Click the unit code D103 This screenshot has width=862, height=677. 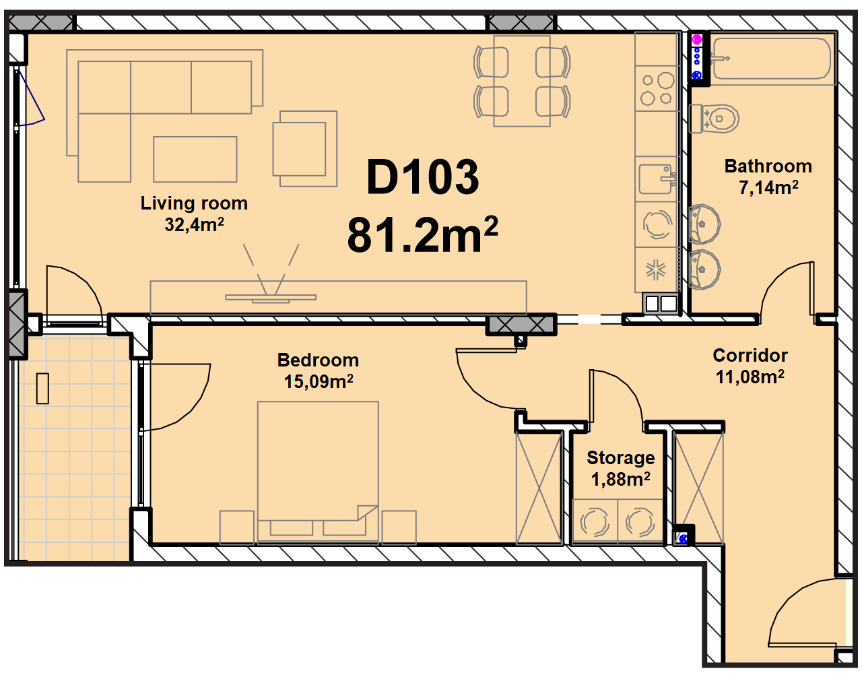[x=422, y=176]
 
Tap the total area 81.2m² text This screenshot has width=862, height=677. [x=422, y=234]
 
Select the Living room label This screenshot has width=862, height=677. [x=194, y=203]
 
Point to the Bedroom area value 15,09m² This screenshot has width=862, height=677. [x=319, y=381]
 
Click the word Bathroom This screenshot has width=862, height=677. [x=768, y=166]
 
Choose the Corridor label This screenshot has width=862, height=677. [x=750, y=356]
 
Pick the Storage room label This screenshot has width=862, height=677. [x=621, y=457]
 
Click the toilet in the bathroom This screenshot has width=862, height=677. [x=715, y=118]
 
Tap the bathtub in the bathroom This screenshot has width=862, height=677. [x=772, y=59]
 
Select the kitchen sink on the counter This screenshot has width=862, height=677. [x=657, y=179]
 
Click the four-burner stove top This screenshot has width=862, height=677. [x=657, y=88]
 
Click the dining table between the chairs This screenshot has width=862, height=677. [x=522, y=81]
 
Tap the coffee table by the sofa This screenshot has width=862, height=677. [x=195, y=159]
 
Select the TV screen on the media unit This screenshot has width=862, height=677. [x=271, y=298]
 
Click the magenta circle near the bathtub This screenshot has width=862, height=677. [x=696, y=40]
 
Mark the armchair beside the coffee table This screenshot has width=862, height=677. [x=304, y=149]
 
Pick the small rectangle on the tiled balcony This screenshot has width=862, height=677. [x=42, y=389]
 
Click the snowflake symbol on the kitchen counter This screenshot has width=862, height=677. [x=655, y=269]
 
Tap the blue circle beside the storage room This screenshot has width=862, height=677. [x=683, y=539]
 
